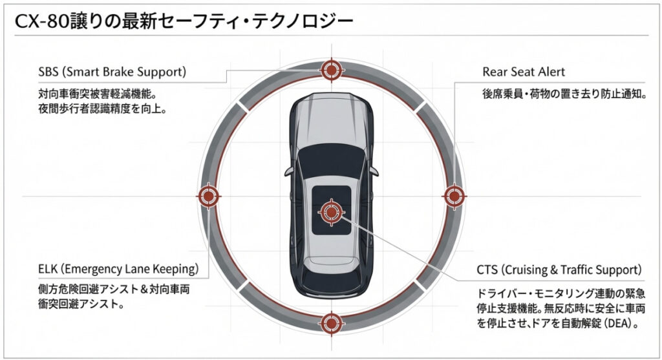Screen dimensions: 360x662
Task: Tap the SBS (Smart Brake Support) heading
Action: [112, 71]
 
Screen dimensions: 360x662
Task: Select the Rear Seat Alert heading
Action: [524, 71]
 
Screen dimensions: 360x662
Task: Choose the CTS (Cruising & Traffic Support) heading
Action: [558, 268]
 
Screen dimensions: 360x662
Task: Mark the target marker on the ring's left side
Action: [208, 195]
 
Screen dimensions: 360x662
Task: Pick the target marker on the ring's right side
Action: [454, 195]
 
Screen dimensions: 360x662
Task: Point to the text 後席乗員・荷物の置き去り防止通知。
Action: [565, 94]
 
